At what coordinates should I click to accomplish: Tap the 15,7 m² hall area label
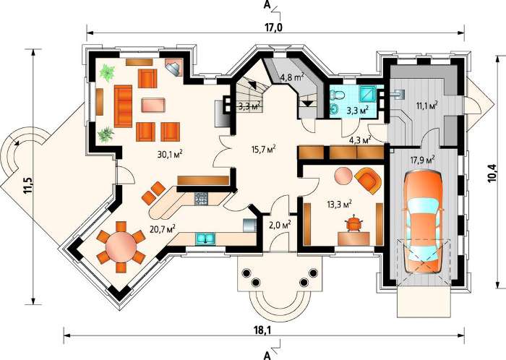(263, 149)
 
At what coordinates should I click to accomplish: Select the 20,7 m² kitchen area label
(163, 228)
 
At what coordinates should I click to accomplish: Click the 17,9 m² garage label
(422, 160)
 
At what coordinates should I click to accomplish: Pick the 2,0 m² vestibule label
(280, 225)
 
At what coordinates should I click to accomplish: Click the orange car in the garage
(422, 223)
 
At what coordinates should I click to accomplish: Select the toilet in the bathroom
(338, 95)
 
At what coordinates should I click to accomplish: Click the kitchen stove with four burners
(202, 198)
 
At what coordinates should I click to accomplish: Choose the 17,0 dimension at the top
(274, 27)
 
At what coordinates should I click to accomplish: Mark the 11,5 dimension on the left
(28, 185)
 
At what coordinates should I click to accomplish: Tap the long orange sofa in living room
(123, 106)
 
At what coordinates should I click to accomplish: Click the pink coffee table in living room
(153, 106)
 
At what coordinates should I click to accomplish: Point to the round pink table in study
(343, 176)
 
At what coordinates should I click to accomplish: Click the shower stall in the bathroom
(367, 95)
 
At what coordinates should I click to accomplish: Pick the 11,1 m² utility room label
(425, 106)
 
